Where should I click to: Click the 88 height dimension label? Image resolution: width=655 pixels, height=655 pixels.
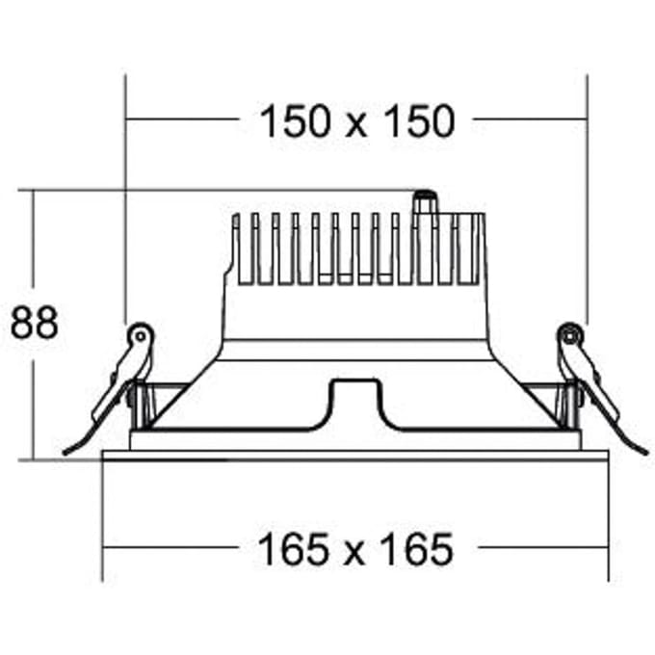point(35,323)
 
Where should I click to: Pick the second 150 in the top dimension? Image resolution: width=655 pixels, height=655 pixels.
point(419,121)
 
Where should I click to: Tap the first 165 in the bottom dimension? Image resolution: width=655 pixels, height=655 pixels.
point(294,549)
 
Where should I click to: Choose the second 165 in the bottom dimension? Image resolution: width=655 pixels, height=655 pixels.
point(417,549)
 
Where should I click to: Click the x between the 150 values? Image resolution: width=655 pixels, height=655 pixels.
point(357,126)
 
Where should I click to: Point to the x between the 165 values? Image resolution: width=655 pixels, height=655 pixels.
point(355,554)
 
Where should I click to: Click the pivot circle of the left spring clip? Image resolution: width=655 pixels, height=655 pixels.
point(141,335)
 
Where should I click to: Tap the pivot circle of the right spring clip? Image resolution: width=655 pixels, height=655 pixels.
point(570,335)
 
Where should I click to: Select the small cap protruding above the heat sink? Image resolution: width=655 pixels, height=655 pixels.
point(425,202)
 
